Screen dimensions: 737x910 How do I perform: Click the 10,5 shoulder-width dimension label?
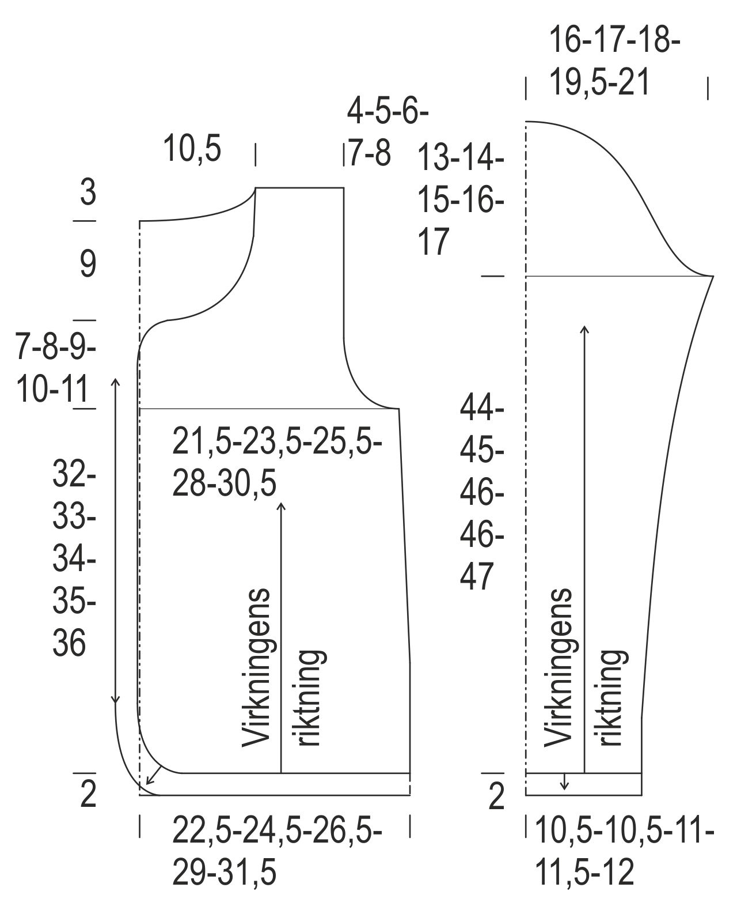(x=192, y=148)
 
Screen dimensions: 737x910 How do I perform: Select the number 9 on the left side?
(x=88, y=265)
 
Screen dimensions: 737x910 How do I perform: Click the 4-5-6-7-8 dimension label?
(x=387, y=132)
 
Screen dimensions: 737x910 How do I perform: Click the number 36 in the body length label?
(x=69, y=643)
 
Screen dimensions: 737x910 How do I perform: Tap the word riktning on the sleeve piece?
(x=611, y=697)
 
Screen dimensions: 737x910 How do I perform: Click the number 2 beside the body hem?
(x=88, y=796)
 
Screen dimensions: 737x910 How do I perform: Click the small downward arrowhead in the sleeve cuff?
(x=565, y=786)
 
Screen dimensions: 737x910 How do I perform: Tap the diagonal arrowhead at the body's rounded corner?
(x=149, y=781)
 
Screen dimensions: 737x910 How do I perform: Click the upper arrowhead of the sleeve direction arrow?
(x=585, y=329)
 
